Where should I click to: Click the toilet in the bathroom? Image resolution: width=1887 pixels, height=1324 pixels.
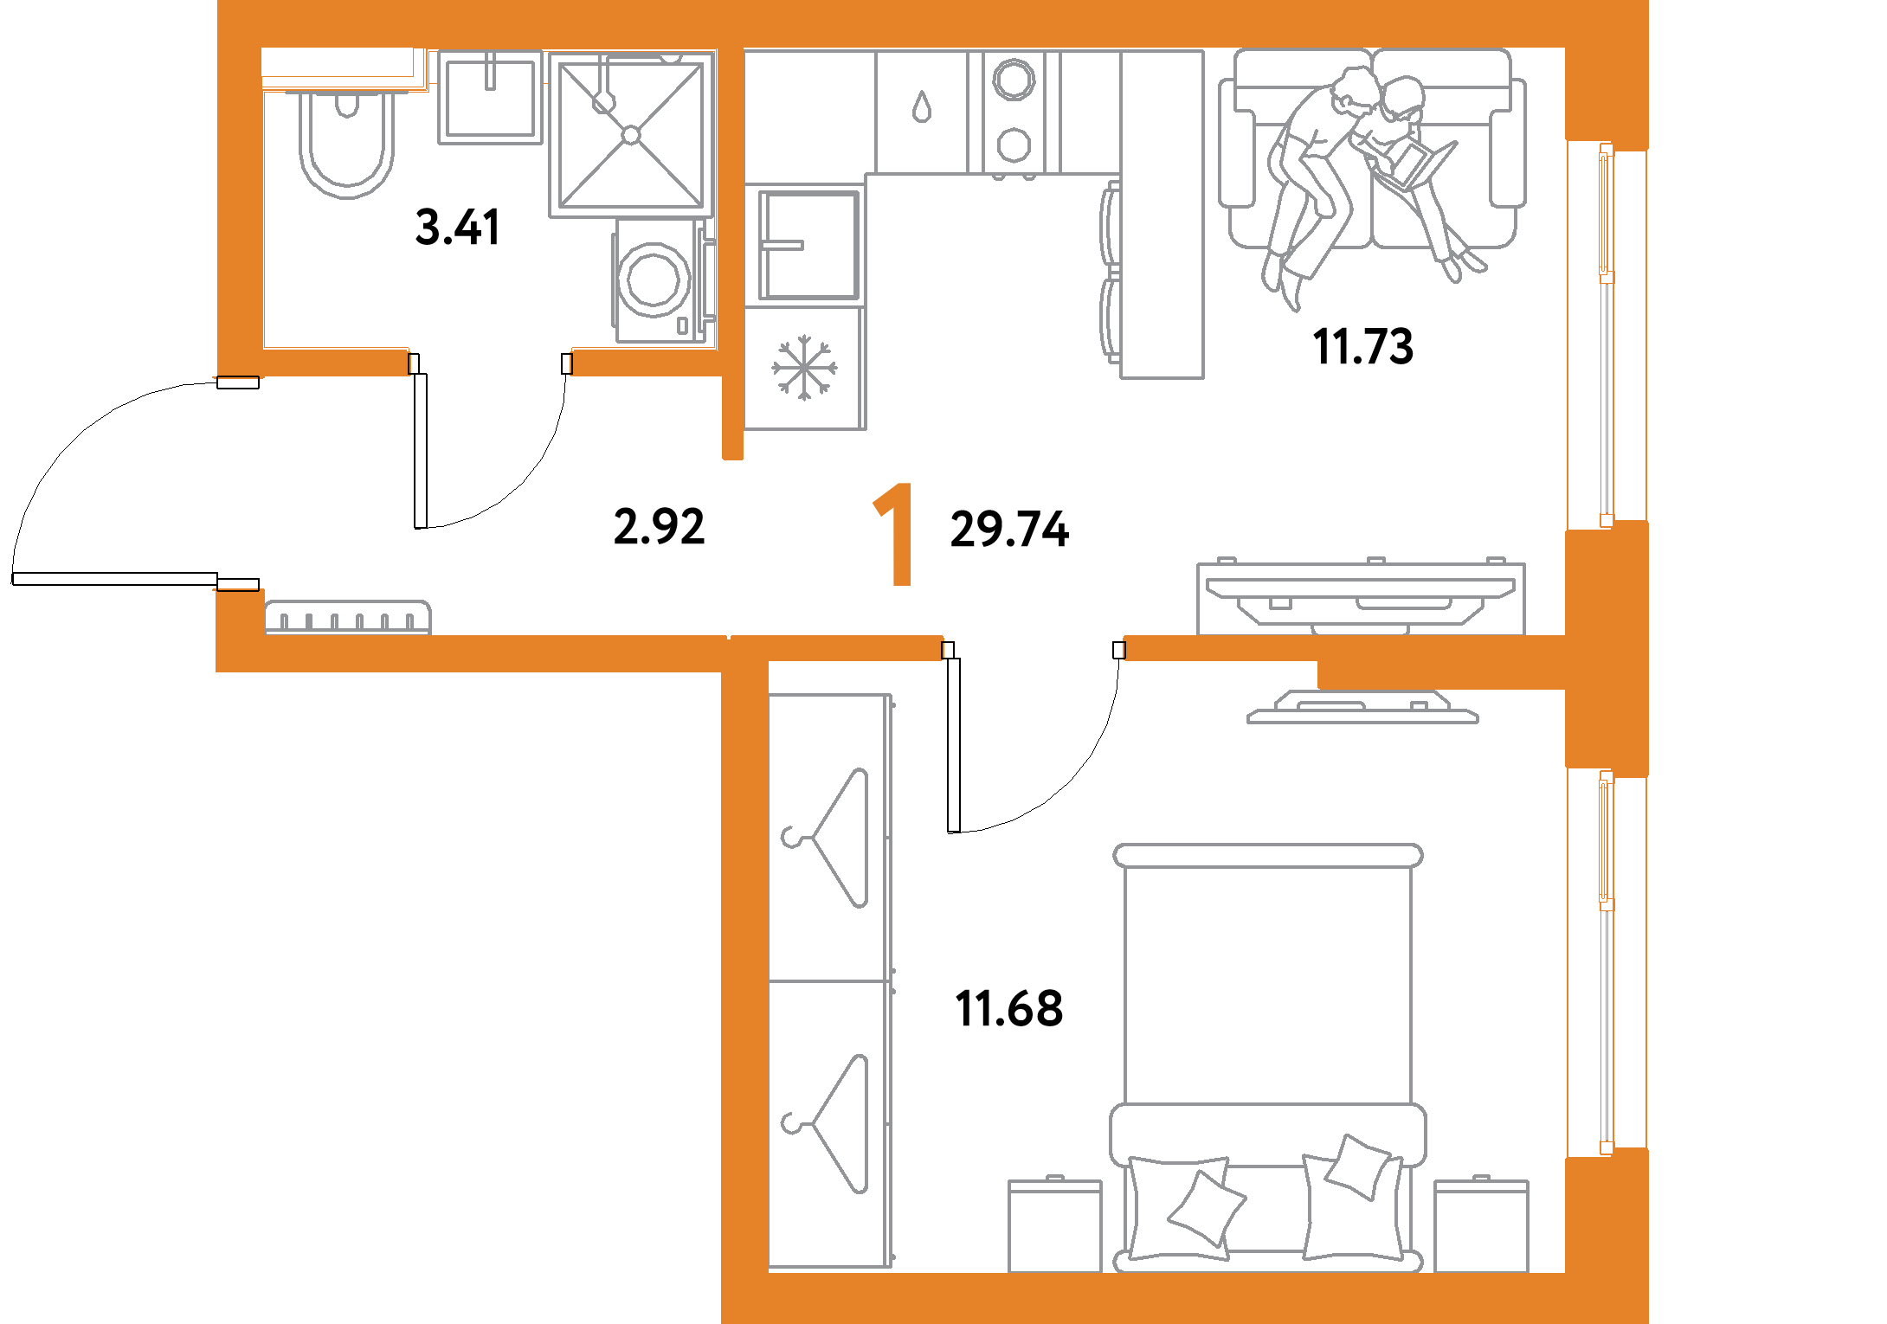[346, 143]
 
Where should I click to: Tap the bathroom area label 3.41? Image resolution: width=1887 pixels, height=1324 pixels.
[457, 228]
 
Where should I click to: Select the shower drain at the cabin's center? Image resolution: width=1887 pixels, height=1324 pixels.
[631, 135]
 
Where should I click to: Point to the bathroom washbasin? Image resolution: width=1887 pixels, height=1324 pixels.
[490, 96]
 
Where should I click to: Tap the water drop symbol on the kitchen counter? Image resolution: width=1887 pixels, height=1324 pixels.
[921, 107]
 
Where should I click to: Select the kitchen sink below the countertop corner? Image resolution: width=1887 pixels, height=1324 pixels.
[808, 246]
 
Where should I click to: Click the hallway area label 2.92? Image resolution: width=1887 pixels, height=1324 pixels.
[659, 526]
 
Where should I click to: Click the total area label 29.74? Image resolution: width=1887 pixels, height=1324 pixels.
[1009, 530]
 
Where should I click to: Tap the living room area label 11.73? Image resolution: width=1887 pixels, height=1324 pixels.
[1362, 346]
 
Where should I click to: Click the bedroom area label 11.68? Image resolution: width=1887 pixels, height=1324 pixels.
[1009, 1008]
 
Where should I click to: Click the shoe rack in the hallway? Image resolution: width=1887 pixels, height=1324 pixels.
[347, 618]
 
